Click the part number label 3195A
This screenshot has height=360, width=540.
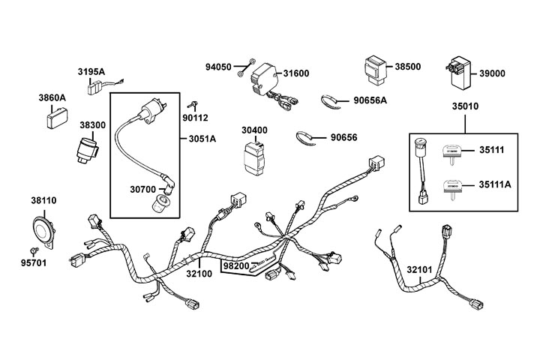91,72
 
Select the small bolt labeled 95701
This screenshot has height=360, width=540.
33,248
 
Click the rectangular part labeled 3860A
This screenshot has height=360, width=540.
55,118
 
